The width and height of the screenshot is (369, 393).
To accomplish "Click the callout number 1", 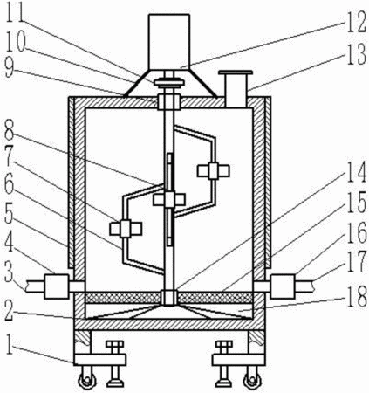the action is coord(10,344).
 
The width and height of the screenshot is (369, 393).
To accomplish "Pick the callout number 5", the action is coord(10,217).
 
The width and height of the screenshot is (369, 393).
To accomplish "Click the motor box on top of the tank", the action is coord(169,41).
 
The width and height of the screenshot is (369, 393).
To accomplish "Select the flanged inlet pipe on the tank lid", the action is coord(236,89).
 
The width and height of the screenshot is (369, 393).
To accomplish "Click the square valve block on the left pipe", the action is coord(57,286).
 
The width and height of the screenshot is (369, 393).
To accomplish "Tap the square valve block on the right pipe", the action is coord(283,286).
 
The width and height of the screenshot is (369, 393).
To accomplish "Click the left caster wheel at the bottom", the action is coord(86,380).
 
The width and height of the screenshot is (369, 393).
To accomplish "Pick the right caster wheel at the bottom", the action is coord(252,380).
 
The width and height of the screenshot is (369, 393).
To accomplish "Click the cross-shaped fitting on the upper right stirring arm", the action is coord(213,170).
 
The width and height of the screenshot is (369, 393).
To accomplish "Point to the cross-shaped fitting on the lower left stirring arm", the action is coord(126,229).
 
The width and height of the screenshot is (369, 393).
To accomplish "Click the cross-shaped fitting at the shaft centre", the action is coord(169,200).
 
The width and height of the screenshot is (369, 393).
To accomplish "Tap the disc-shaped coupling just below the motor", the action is coord(169,83).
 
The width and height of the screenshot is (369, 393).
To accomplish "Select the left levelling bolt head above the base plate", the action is coord(114,344).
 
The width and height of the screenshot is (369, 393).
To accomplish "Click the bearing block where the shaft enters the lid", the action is coord(169,102).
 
